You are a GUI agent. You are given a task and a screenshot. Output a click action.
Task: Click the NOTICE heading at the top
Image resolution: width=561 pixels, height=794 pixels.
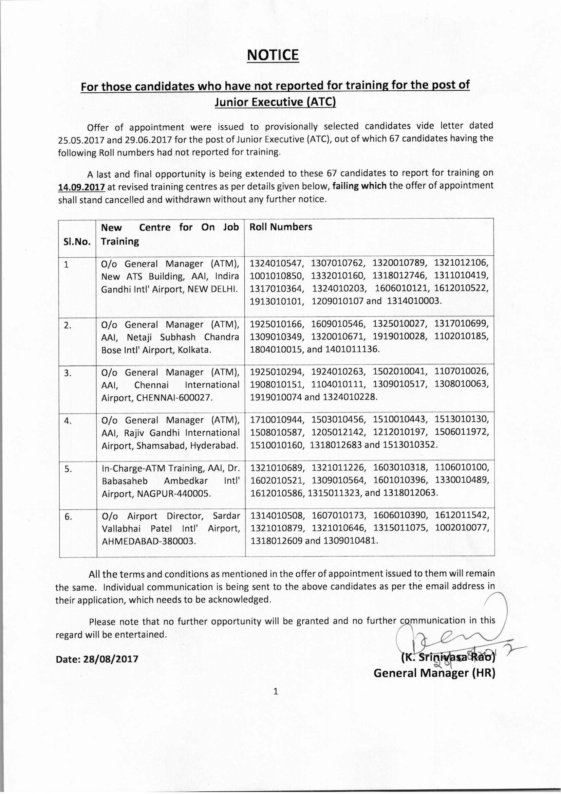(x=273, y=56)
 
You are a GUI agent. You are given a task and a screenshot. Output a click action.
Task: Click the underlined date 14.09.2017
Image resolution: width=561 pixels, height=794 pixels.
(x=81, y=187)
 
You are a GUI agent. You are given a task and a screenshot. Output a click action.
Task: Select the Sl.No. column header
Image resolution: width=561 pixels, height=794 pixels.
(x=77, y=241)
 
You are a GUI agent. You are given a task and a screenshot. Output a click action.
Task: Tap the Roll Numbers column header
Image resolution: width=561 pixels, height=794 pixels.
(x=281, y=227)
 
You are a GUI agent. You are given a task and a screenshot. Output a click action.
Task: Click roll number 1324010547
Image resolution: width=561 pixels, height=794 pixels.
(x=277, y=263)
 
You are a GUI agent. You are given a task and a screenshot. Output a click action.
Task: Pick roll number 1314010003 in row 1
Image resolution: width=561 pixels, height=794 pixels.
(x=414, y=301)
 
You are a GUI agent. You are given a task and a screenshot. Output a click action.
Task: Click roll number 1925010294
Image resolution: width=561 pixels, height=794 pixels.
(x=277, y=372)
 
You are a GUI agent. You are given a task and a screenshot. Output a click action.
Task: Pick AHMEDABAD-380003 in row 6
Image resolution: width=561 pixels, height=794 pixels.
(x=149, y=542)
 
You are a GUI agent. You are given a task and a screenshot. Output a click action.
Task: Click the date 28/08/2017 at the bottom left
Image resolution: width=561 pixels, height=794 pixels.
(x=111, y=659)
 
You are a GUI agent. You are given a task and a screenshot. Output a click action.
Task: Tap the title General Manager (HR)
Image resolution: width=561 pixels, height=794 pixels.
(x=434, y=673)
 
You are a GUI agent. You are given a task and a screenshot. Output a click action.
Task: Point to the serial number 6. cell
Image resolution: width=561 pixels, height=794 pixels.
(x=68, y=516)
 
